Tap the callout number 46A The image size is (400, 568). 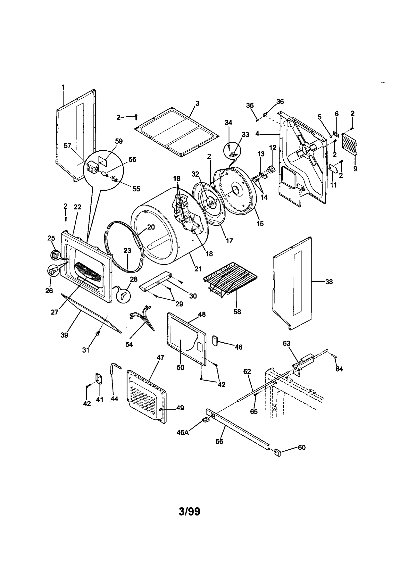click(183, 432)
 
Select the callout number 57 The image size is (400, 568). click(67, 146)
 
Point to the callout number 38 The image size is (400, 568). click(329, 282)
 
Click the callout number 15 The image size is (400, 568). click(260, 223)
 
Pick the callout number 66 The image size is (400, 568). click(219, 441)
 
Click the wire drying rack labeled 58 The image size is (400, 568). click(230, 278)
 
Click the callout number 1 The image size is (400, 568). click(63, 87)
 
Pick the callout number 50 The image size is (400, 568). click(180, 367)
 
